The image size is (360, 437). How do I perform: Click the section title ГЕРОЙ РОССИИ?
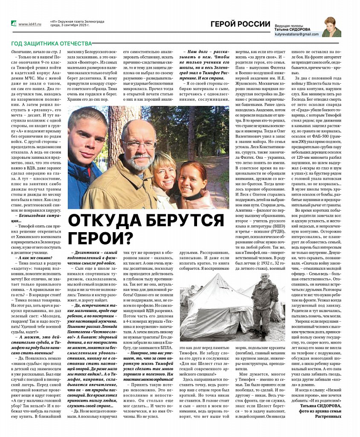coord(241,24)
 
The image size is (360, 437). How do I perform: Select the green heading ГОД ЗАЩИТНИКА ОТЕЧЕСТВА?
coord(51,43)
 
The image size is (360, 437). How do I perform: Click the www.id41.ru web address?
coord(29,24)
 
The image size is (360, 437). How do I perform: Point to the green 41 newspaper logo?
coord(14,23)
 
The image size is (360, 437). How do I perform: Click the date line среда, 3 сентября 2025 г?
coord(70,25)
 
